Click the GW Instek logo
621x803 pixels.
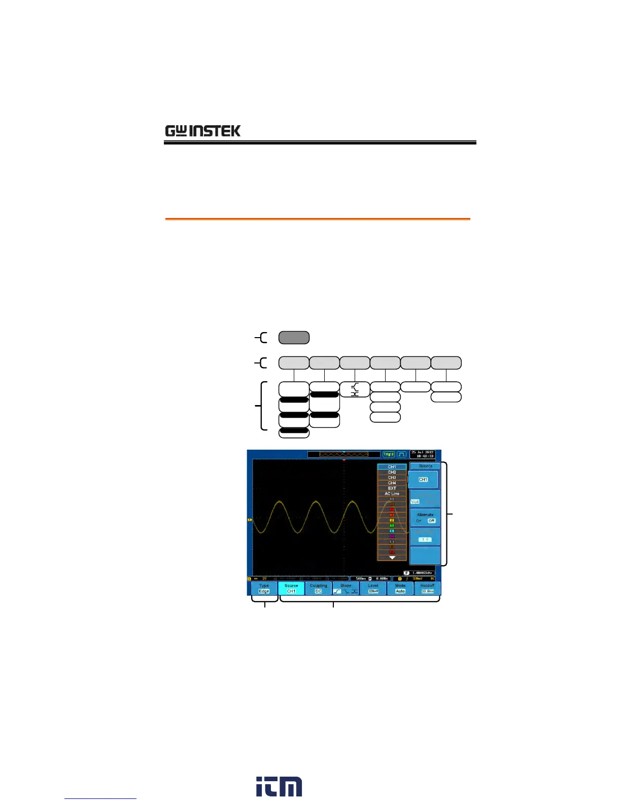click(202, 131)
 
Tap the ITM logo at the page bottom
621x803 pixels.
click(279, 786)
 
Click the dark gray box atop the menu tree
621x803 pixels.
click(294, 338)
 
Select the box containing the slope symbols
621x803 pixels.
click(355, 389)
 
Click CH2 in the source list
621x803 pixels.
click(392, 472)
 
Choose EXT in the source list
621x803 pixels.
click(392, 488)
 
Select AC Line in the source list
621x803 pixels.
click(392, 494)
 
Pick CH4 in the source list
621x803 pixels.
click(392, 483)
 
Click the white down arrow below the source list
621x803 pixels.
click(392, 557)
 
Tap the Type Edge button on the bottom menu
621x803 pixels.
click(264, 588)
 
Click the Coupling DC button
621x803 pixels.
click(319, 588)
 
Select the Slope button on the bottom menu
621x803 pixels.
click(346, 588)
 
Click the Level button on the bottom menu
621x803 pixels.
click(373, 588)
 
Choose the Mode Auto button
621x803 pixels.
click(400, 588)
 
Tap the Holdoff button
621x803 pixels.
click(427, 588)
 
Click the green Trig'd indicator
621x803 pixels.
click(388, 454)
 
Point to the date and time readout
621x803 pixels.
click(423, 454)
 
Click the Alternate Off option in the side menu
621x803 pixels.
click(431, 521)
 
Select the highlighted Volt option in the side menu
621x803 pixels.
click(415, 502)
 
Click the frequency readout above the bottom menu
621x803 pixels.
click(419, 573)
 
